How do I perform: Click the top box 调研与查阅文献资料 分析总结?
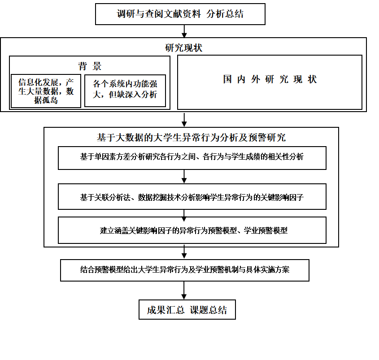[180, 14]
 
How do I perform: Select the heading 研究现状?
[184, 48]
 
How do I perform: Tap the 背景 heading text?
[90, 66]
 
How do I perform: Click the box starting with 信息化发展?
[46, 91]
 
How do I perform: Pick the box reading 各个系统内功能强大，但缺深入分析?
[125, 91]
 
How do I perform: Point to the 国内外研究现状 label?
[270, 79]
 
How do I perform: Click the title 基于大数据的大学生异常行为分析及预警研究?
[191, 138]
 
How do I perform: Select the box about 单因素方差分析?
[192, 158]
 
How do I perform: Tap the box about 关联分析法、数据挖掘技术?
[192, 197]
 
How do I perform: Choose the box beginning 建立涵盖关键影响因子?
[192, 230]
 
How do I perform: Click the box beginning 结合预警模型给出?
[185, 270]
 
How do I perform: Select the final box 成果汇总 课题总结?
[187, 310]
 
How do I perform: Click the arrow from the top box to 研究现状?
[184, 31]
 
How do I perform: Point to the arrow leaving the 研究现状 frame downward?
[184, 120]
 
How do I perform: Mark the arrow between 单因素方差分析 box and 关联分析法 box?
[184, 177]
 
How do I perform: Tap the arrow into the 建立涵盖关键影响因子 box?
[184, 215]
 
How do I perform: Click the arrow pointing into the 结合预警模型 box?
[184, 252]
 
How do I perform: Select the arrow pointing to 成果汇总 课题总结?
[184, 291]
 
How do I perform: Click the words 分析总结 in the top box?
[225, 14]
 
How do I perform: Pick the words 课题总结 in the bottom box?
[209, 310]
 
